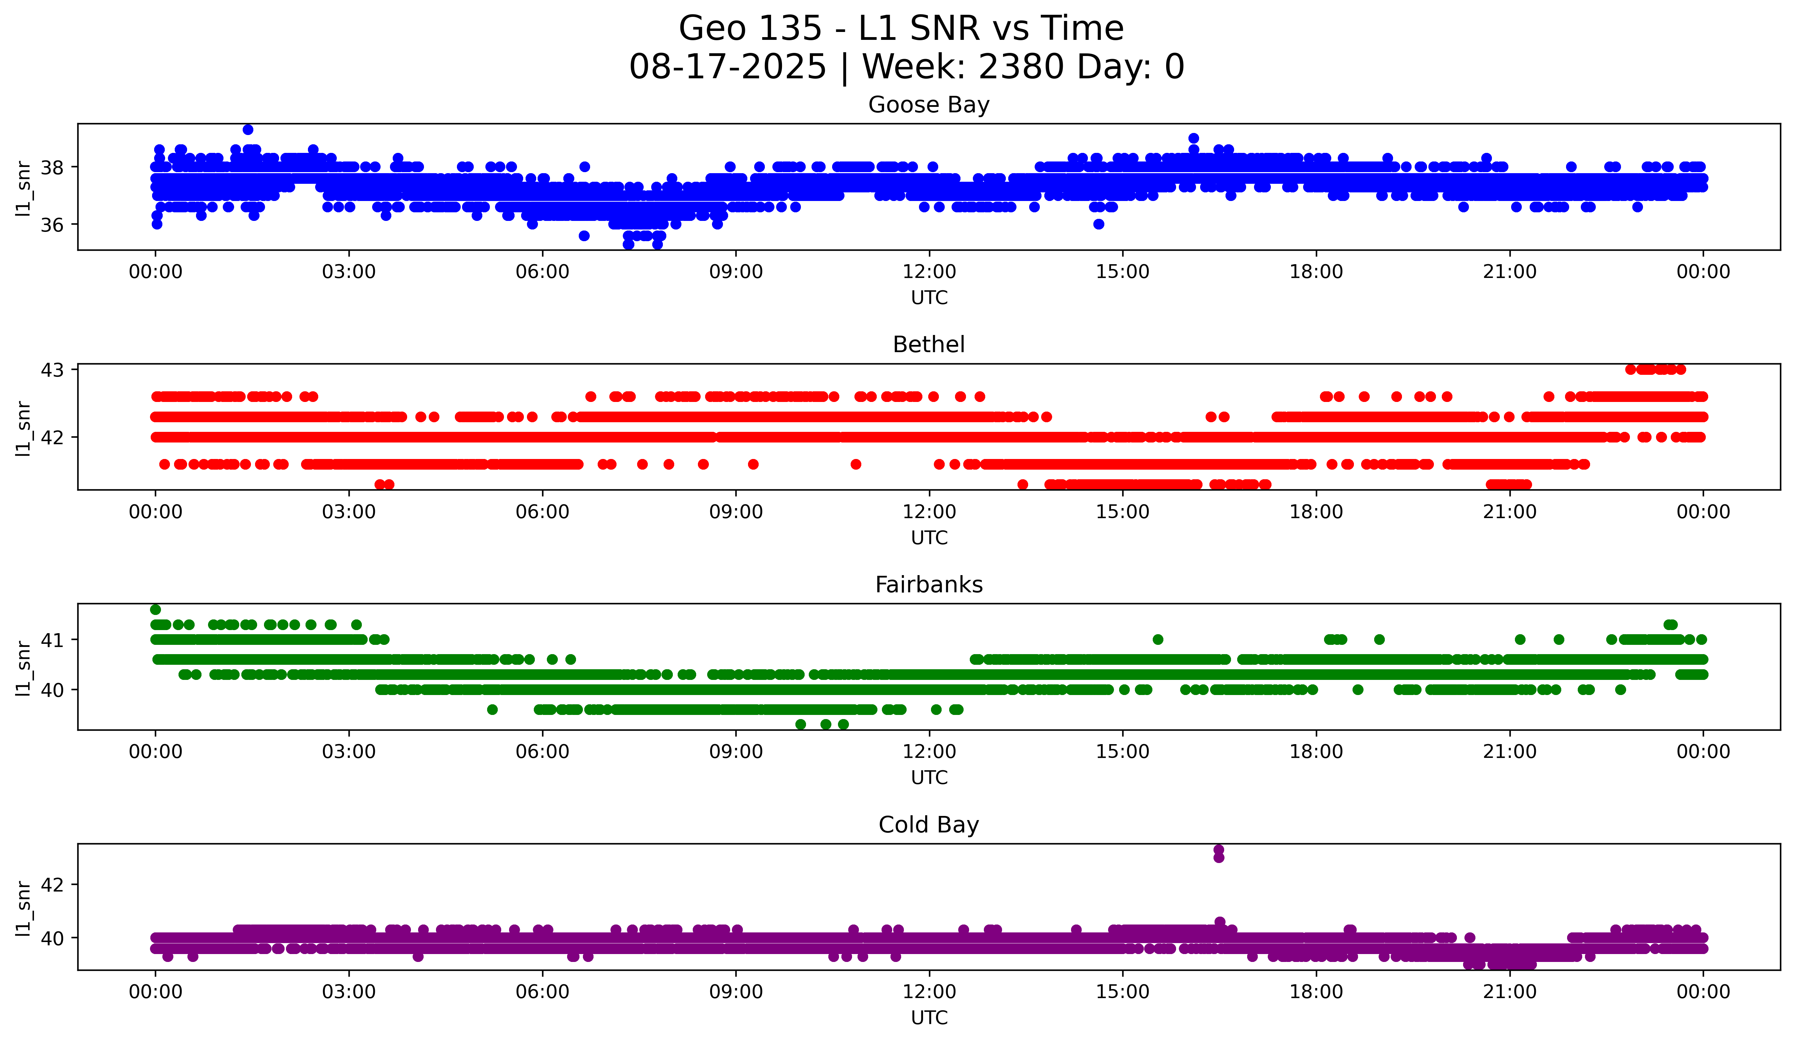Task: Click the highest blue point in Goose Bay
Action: [248, 130]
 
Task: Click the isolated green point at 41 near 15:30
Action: [1158, 640]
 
